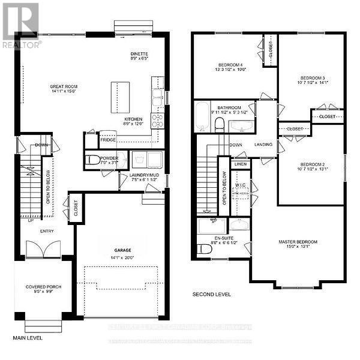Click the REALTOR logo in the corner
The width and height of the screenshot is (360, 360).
tap(21, 25)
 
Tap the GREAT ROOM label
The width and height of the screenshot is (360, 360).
tap(64, 86)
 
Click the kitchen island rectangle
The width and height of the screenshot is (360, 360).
tap(119, 97)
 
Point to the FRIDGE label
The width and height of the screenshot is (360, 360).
tap(108, 139)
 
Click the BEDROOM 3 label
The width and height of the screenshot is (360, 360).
tap(313, 78)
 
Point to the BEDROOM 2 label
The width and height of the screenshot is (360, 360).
tap(312, 163)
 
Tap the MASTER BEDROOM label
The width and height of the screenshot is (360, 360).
tap(298, 242)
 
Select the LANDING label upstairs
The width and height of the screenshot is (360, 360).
tap(263, 145)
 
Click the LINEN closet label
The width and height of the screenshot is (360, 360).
tap(240, 164)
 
